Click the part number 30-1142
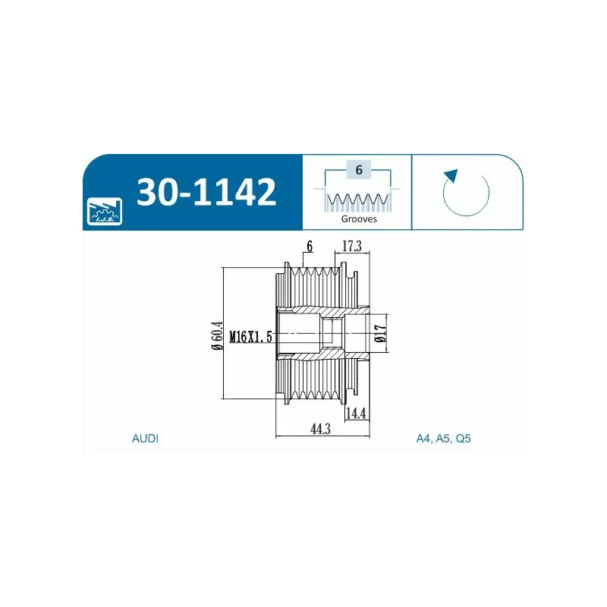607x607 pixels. (206, 192)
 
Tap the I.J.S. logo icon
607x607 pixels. (105, 211)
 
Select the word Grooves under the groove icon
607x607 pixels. (359, 219)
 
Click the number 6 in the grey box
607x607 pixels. (359, 169)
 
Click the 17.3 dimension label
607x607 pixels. (352, 245)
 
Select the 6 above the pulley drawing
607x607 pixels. (310, 246)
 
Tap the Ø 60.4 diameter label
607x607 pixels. (218, 335)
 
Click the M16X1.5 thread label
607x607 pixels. (251, 336)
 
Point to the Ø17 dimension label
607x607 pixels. (381, 333)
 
